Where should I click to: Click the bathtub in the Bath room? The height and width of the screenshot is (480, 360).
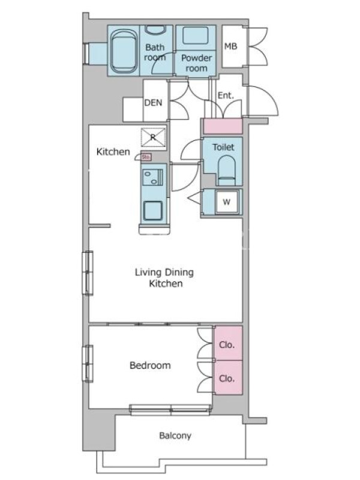124,51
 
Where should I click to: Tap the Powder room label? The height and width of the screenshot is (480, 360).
196,63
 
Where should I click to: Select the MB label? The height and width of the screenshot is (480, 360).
230,46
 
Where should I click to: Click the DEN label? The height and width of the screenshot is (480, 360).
153,103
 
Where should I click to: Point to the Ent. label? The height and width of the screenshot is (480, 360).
226,95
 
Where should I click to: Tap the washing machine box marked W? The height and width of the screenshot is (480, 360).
227,202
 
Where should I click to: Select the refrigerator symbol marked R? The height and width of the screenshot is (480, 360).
153,137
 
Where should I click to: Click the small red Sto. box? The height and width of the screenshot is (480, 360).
146,157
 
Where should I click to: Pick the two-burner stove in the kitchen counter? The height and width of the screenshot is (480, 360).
152,178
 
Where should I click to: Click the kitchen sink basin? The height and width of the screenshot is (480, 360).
153,211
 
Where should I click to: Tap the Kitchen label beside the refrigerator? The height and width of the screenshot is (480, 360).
113,152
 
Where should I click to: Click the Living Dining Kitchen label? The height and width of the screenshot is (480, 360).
164,278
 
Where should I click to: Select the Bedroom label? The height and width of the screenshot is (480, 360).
150,365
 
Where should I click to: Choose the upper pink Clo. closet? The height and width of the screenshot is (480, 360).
228,343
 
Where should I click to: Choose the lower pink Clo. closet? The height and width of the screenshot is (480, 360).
228,377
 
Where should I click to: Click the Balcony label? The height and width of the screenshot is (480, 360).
175,436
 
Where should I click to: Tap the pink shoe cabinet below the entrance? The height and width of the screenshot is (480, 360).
223,126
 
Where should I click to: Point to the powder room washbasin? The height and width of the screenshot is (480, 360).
196,36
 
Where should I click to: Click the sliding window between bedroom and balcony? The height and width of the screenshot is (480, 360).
170,410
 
